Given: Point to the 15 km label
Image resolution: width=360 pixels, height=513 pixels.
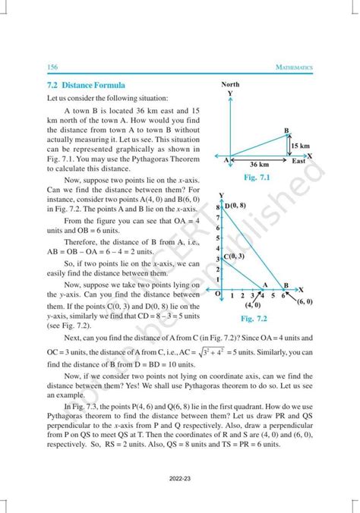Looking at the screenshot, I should pos(300,146).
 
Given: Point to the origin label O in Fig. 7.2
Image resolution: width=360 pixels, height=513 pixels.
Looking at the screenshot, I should pos(218,294).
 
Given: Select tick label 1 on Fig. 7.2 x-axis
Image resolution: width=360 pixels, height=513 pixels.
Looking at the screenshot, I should pos(232,295).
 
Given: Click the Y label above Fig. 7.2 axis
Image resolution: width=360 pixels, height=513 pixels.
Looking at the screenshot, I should pos(220,196).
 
